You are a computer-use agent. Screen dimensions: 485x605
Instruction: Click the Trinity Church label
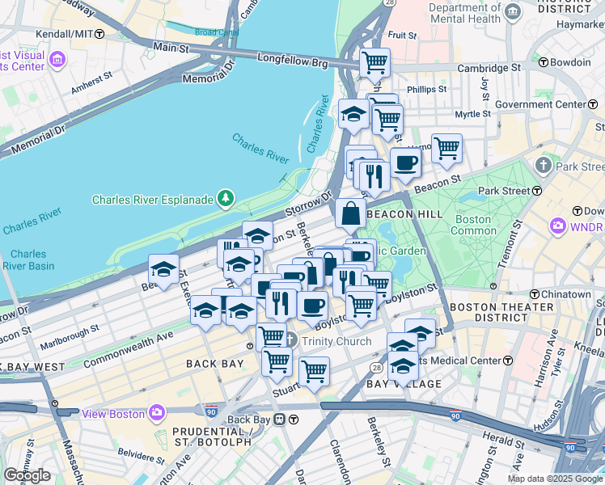337,341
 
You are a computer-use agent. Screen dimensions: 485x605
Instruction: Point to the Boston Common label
473,225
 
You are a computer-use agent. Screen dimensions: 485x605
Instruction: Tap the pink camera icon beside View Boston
158,413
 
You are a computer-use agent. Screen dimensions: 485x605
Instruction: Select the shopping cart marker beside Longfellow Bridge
374,62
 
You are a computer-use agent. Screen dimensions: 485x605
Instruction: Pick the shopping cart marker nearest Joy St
446,149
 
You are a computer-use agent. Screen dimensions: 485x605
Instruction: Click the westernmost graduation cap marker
164,269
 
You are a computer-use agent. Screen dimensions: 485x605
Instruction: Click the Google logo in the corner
27,475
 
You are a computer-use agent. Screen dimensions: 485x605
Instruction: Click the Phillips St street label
428,89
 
